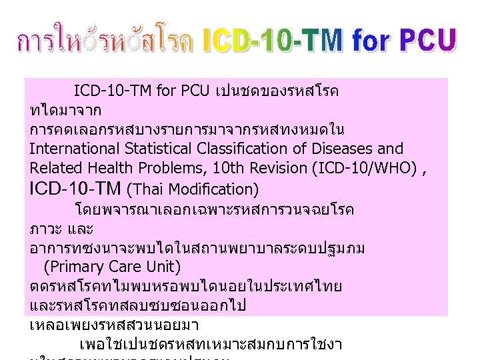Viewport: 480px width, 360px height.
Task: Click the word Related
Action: point(54,167)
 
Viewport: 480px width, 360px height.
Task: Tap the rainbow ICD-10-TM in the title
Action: point(274,41)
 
